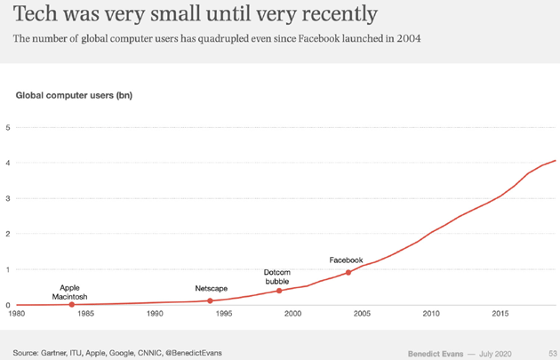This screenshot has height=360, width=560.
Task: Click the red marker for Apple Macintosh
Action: coord(72,305)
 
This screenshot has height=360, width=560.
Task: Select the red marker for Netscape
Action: coord(210,301)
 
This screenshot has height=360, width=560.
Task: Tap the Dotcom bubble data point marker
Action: coord(279,291)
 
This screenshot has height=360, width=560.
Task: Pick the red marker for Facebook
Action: coord(348,273)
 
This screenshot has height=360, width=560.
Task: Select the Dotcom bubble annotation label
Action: coord(276,276)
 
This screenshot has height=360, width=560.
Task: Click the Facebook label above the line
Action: coord(346,260)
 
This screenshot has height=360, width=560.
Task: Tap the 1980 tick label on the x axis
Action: coord(16,313)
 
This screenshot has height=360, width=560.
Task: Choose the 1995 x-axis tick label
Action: coord(224,313)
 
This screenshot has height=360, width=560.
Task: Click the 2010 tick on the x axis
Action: coord(431,313)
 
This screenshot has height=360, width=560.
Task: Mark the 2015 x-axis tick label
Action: coord(500,313)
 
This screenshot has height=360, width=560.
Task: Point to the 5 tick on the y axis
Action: coord(8,128)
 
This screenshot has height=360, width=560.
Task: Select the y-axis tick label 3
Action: coord(8,199)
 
